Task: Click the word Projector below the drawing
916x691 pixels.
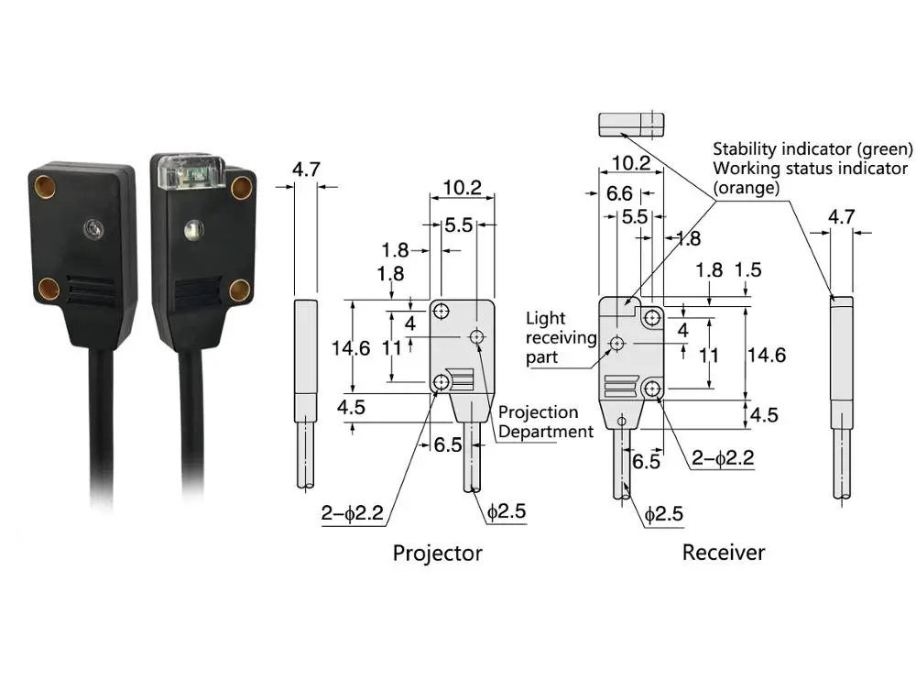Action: coord(437,553)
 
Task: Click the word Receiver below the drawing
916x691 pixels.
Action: coord(724,552)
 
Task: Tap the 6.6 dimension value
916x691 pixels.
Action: coord(619,193)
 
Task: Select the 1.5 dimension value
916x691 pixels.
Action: coord(748,270)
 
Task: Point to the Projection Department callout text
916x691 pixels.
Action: coord(546,422)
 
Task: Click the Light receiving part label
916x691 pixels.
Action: coord(560,337)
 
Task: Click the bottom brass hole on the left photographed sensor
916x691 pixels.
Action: coord(49,290)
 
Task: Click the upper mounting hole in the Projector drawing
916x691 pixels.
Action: coord(442,310)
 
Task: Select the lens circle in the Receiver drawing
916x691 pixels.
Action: coord(617,343)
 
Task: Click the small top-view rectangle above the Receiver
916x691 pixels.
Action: coord(630,125)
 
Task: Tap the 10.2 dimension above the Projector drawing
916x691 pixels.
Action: coord(462,188)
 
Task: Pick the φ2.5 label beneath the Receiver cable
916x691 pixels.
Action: coord(663,515)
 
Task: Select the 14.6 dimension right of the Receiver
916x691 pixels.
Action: coord(767,355)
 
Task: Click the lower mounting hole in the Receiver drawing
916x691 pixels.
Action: coord(652,389)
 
